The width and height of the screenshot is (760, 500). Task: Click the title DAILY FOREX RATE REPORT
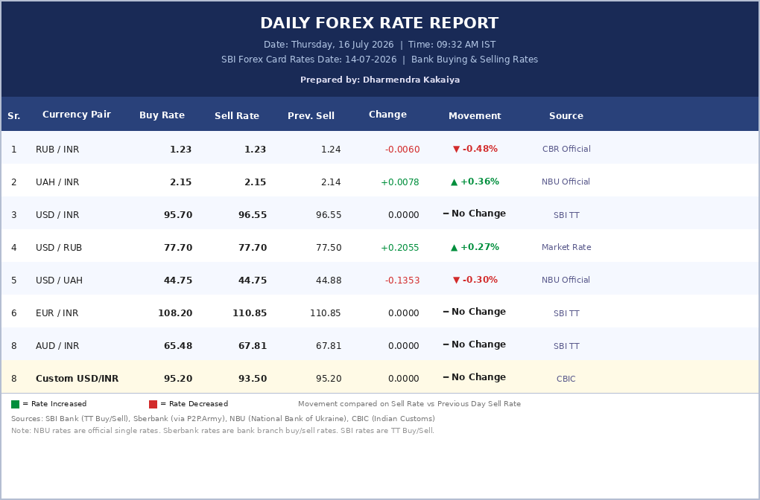pos(379,23)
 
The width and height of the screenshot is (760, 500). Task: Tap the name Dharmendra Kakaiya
pos(411,80)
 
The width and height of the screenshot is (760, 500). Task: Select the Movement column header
pos(475,115)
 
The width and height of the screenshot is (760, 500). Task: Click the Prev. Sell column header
pos(311,115)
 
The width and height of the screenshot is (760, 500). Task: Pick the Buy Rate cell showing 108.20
pos(175,313)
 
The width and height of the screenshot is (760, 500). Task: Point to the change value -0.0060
pos(402,150)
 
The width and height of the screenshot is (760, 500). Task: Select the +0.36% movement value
pos(479,182)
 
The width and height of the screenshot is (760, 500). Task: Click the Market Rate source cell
pos(566,247)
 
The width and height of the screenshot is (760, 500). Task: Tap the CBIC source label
pos(566,379)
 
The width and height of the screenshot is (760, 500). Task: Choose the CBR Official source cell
pos(566,149)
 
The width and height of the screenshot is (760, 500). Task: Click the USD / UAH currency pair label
pos(59,281)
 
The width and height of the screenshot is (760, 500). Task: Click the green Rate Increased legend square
pos(16,404)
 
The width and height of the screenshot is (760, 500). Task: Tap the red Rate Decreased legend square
pos(153,404)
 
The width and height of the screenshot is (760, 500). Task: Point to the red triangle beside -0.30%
pos(456,281)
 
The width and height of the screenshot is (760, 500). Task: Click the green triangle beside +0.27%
pos(455,247)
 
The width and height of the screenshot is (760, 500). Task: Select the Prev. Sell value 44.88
pos(328,281)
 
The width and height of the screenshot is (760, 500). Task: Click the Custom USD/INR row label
pos(77,379)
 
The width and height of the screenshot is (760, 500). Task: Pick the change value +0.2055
pos(400,248)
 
